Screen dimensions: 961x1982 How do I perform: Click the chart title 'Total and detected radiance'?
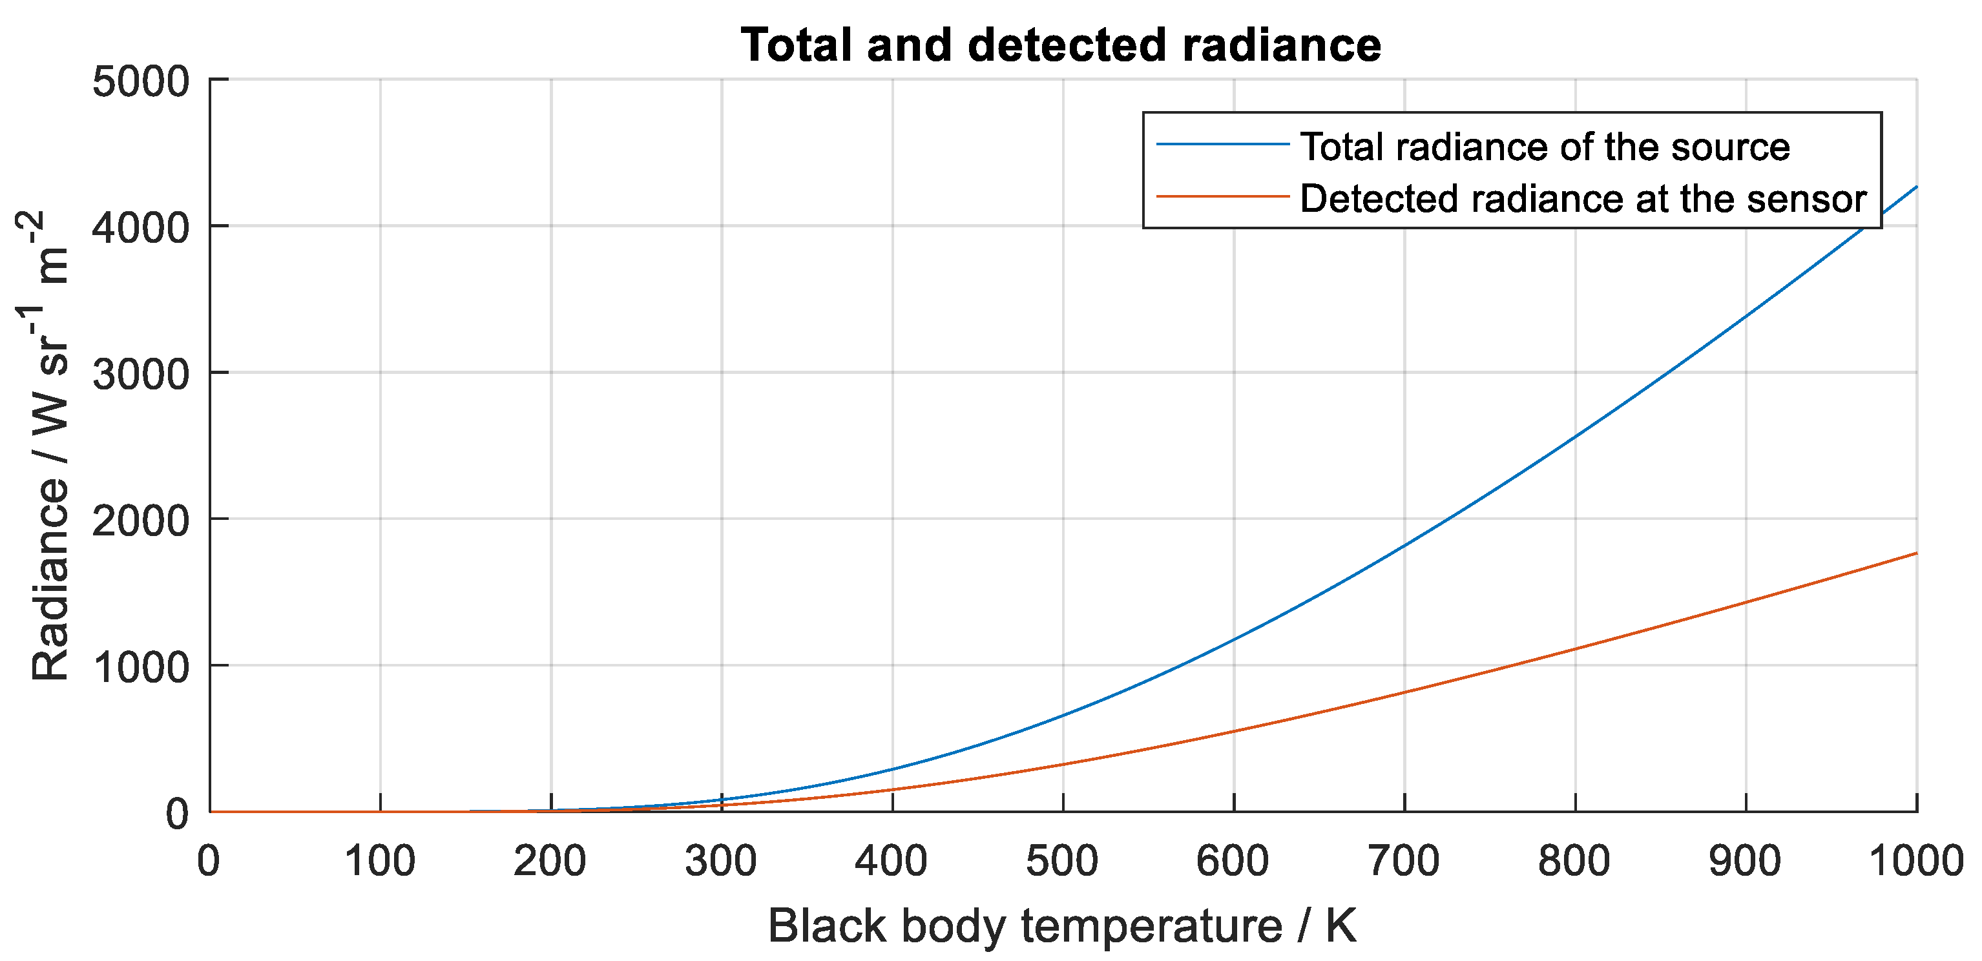[x=1060, y=45]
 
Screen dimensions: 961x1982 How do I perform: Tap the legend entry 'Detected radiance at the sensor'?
[x=1583, y=198]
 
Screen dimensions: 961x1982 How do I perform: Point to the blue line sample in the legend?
[x=1222, y=145]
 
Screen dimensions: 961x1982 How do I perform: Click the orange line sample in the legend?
[x=1222, y=197]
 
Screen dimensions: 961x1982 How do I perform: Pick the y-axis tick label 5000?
[x=140, y=81]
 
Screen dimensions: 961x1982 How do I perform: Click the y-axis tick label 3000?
[x=140, y=375]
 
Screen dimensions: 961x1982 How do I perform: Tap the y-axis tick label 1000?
[x=140, y=667]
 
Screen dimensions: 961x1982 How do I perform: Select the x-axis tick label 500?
[x=1062, y=861]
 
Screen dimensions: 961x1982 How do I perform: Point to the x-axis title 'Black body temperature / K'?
[x=1062, y=925]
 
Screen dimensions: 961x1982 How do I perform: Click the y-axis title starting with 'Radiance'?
[x=48, y=446]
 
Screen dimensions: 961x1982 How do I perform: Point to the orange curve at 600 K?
[x=1233, y=731]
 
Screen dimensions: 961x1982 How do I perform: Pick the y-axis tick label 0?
[x=177, y=814]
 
